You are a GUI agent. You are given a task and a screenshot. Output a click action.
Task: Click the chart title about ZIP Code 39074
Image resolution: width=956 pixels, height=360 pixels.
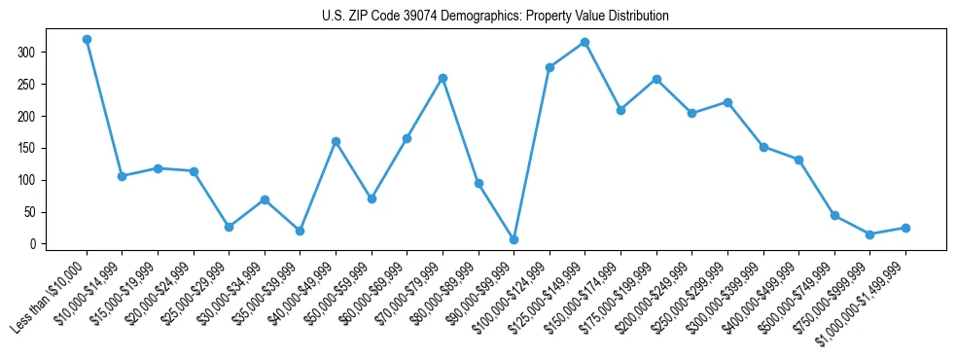495,16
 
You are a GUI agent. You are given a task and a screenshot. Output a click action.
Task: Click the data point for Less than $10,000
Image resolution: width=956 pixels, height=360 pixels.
87,40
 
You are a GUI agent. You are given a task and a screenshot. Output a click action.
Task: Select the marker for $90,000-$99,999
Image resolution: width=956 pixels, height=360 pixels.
513,239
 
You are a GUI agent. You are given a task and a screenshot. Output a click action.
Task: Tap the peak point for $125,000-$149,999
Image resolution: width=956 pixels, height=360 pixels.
584,43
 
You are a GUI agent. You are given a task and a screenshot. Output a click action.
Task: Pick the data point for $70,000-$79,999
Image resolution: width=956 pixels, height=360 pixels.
443,78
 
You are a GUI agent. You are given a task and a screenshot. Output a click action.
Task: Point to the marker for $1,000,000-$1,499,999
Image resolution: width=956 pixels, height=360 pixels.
905,228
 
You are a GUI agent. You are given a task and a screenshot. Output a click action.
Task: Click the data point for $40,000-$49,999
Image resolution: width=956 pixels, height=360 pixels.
336,141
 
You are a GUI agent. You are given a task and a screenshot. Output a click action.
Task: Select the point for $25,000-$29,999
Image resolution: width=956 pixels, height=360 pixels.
229,227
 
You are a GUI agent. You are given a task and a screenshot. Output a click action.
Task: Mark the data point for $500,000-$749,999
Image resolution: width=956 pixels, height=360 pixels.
834,215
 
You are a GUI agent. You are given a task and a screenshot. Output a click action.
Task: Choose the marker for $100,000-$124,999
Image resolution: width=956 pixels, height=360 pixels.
549,67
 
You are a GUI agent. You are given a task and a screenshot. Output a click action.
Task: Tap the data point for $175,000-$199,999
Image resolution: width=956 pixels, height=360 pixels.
656,79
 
